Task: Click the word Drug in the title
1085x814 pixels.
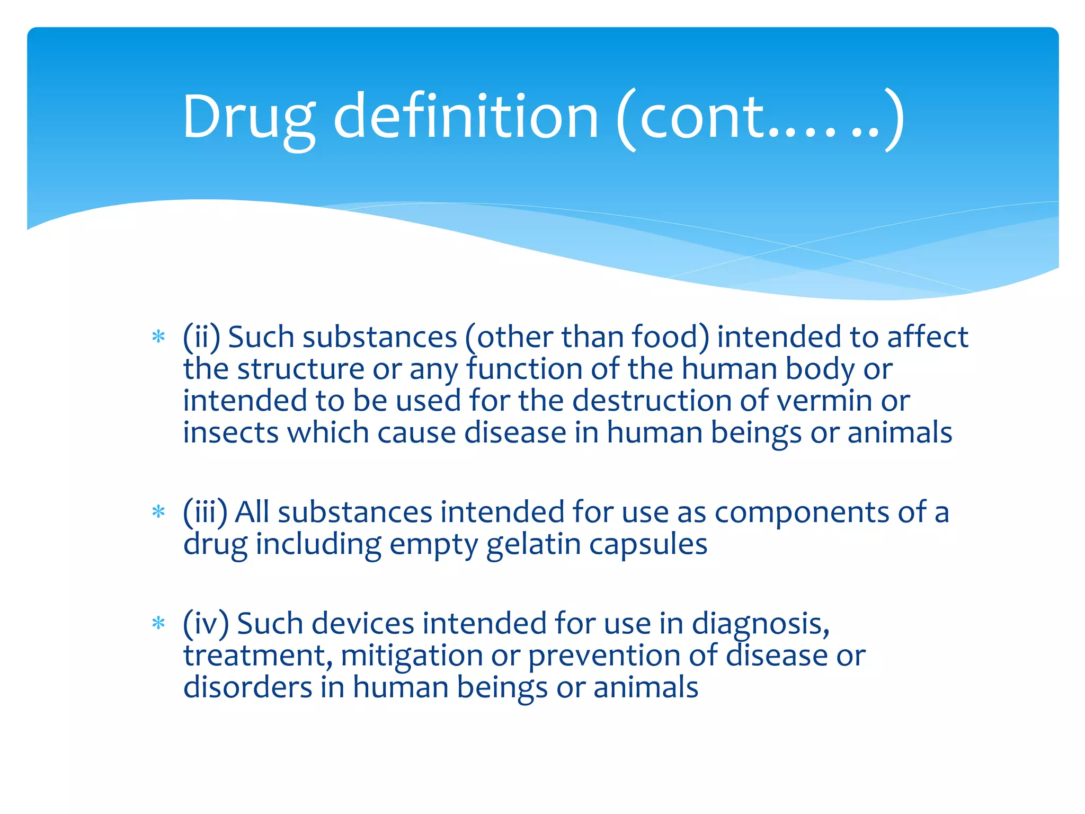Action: click(x=249, y=118)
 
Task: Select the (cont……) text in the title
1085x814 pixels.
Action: click(x=760, y=118)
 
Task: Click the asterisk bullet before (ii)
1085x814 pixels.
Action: click(x=158, y=337)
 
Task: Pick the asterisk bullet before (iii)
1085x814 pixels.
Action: click(x=158, y=512)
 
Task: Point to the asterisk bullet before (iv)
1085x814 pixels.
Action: click(x=158, y=623)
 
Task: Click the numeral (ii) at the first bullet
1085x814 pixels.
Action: click(x=201, y=337)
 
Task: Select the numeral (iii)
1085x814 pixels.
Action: click(x=205, y=512)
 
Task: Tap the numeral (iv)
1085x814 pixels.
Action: click(x=206, y=624)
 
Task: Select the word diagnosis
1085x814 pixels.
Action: click(x=760, y=624)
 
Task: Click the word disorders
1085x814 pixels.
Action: click(x=247, y=687)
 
